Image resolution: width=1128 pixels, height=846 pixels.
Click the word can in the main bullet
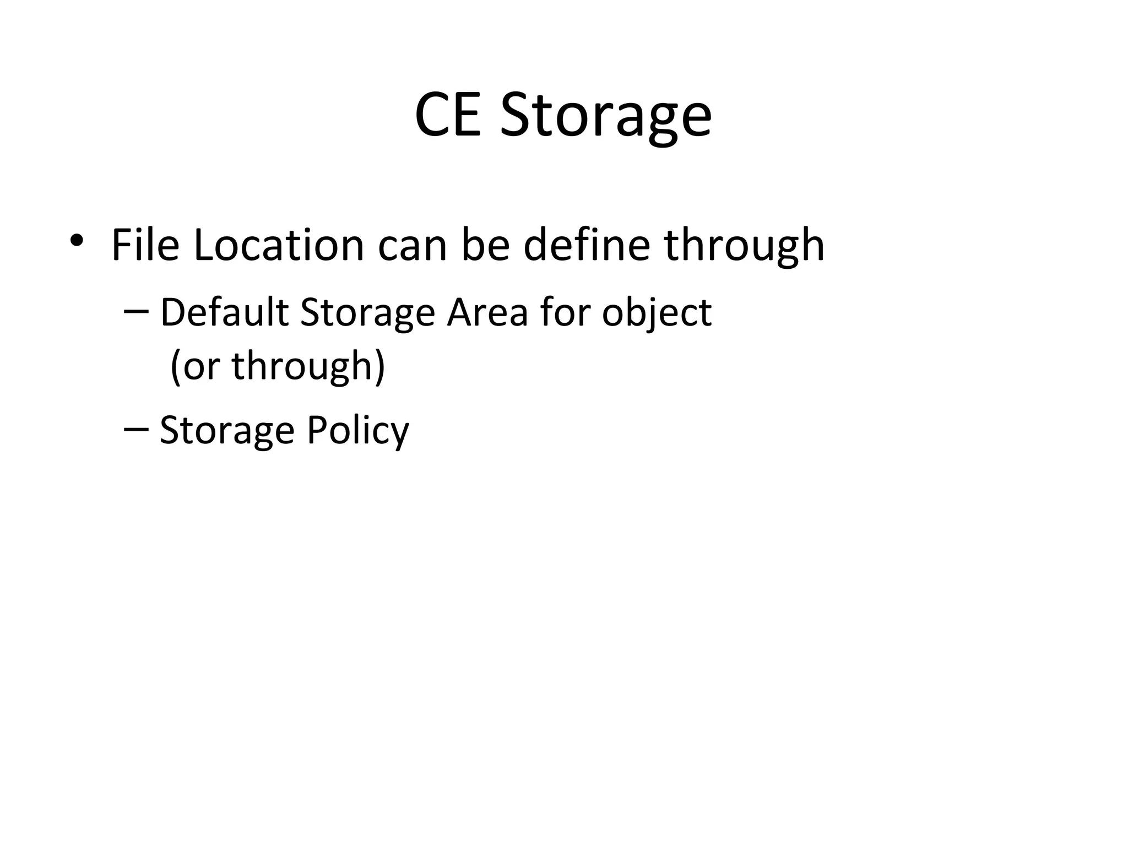click(412, 246)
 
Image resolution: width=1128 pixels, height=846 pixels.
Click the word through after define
click(744, 246)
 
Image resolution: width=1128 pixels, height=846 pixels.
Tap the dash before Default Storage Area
click(136, 312)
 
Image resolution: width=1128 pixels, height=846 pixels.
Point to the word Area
click(487, 312)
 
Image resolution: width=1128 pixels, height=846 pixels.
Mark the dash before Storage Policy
click(136, 429)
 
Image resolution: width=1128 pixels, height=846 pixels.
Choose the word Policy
click(357, 430)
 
